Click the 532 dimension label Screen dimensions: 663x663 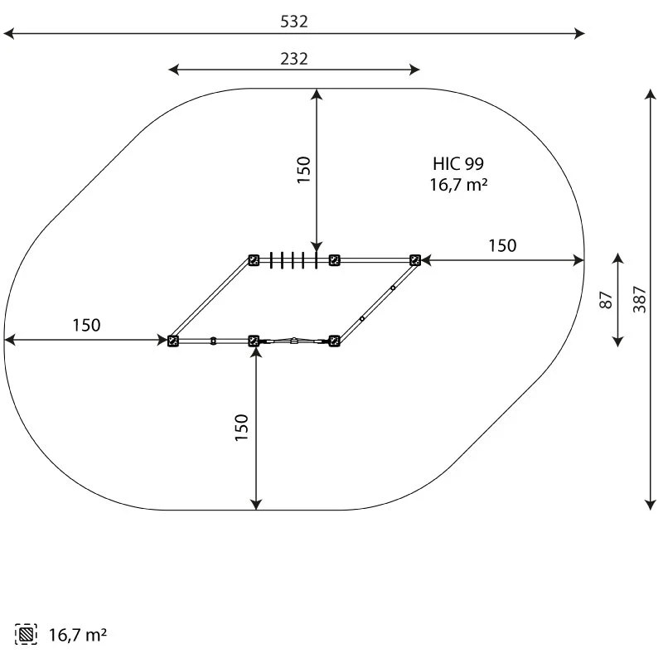[294, 22]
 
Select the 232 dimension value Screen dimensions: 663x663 [294, 59]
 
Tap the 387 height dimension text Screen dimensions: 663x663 [639, 299]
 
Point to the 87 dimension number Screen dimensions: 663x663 [606, 300]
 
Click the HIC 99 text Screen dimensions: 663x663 [458, 163]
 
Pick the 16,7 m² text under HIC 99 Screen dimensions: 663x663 [459, 185]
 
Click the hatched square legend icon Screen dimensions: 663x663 [26, 634]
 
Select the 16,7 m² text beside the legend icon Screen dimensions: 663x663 [78, 635]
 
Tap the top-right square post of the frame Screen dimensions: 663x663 [415, 260]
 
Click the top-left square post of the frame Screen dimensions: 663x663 [254, 260]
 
